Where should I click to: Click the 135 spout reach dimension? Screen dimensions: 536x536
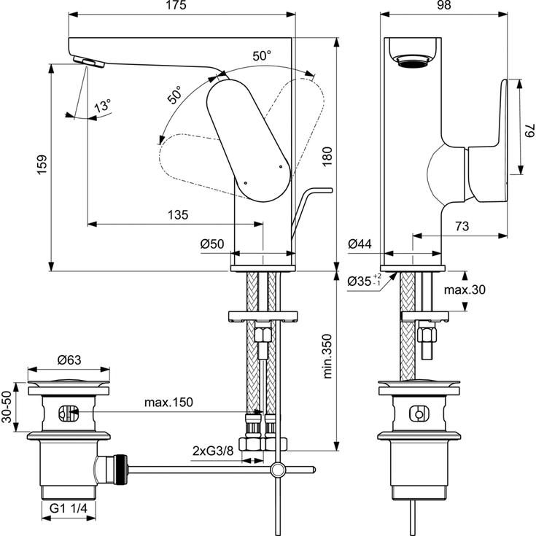click(178, 214)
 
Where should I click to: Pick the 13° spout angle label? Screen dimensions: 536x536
click(103, 106)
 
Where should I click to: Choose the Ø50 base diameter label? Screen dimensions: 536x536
click(212, 244)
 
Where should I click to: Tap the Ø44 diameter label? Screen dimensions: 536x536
click(360, 244)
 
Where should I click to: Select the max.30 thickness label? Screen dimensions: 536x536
click(466, 290)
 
